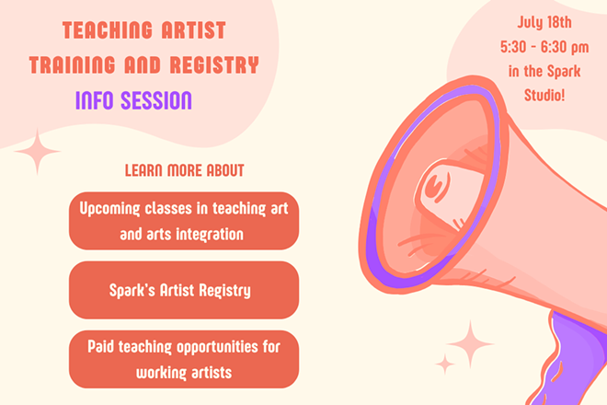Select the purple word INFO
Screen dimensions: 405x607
pyautogui.click(x=97, y=99)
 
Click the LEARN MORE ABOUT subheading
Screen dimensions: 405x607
pyautogui.click(x=184, y=171)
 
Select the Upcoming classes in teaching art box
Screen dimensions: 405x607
pyautogui.click(x=184, y=221)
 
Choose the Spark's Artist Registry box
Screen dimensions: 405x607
pyautogui.click(x=184, y=290)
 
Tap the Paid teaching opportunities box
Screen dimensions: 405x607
pyautogui.click(x=184, y=359)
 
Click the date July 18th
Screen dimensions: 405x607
pyautogui.click(x=533, y=21)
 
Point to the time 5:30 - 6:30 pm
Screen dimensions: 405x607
pyautogui.click(x=533, y=46)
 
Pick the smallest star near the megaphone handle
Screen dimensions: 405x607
pyautogui.click(x=445, y=364)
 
